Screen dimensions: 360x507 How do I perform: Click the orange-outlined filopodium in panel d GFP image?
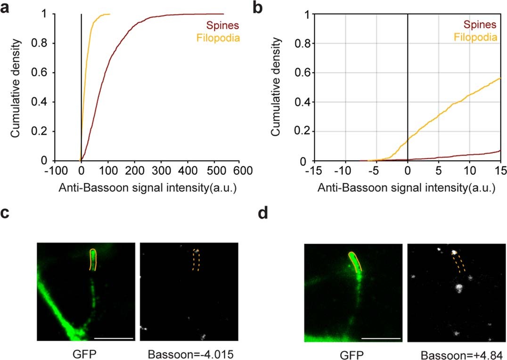355,262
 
